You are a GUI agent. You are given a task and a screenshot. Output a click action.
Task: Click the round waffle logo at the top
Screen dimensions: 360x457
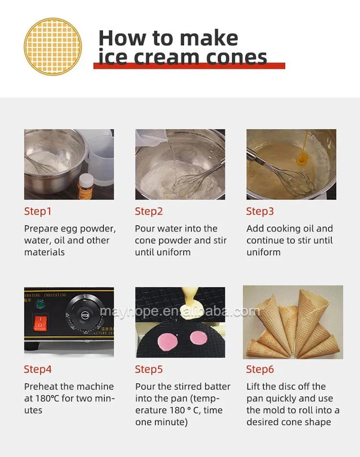point(53,47)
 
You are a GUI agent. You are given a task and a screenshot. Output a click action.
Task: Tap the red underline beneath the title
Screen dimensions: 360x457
point(189,66)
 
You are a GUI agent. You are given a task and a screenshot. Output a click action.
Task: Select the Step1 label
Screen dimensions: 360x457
point(37,211)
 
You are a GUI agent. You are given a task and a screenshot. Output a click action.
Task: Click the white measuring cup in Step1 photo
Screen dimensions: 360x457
point(100,157)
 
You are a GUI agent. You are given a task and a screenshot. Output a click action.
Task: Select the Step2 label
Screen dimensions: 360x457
point(149,211)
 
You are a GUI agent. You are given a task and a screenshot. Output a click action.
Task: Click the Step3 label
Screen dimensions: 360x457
point(260,211)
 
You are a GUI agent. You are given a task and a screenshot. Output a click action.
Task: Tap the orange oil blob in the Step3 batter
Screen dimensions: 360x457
point(302,159)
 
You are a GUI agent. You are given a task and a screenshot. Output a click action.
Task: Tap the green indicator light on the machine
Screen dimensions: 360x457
point(39,305)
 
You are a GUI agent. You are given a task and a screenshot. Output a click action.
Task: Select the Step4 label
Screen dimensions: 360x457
point(37,369)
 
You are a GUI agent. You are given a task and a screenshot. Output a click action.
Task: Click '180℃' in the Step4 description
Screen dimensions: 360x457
point(47,398)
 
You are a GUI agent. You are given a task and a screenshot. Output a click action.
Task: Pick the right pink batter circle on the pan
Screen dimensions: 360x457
point(199,339)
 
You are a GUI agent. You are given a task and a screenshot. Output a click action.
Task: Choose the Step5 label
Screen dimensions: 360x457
point(149,369)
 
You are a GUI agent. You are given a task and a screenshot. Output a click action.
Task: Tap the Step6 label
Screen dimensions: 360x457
point(260,369)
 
